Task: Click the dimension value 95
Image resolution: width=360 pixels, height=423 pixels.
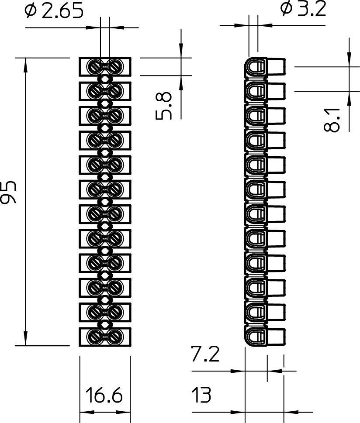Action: click(9, 192)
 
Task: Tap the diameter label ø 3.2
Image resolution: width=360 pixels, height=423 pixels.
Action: click(303, 9)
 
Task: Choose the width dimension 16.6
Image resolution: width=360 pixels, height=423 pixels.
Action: click(104, 395)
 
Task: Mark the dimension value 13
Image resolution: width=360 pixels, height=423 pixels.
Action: click(201, 395)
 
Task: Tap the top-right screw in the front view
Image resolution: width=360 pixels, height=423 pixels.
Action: click(115, 66)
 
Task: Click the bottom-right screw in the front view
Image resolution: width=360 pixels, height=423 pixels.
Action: click(115, 336)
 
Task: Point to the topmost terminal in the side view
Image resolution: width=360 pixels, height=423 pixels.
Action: click(264, 67)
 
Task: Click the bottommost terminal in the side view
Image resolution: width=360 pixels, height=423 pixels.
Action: click(264, 336)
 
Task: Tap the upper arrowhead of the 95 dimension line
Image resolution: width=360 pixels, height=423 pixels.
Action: click(25, 64)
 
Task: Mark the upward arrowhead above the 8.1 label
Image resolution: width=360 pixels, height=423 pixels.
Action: click(349, 98)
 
